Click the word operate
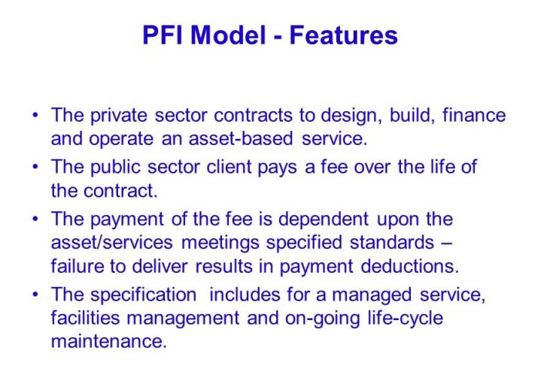click(130, 139)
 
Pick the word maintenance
click(108, 342)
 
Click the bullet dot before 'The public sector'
click(36, 168)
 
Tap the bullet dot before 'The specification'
click(36, 295)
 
